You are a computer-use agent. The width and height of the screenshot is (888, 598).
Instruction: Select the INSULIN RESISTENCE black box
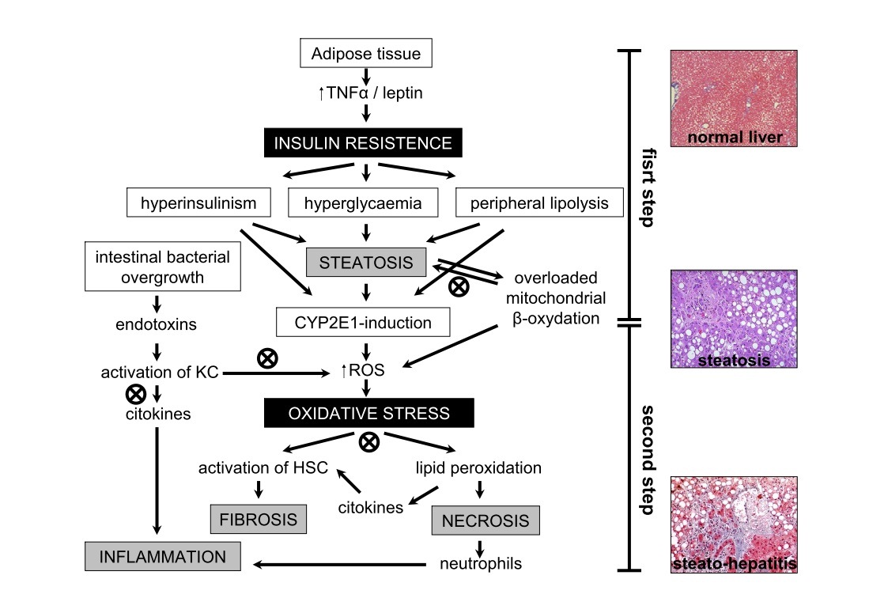362,143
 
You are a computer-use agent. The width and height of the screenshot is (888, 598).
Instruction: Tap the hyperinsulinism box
198,203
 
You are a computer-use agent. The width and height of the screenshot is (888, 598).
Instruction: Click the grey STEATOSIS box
365,263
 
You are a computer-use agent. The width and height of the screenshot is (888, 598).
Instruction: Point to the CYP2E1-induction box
364,322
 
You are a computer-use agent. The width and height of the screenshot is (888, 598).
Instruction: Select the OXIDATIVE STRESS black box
369,413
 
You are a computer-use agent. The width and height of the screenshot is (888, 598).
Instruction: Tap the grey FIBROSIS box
258,519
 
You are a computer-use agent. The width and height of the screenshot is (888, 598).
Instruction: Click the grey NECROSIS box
486,521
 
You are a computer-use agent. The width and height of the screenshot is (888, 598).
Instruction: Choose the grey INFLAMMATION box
163,556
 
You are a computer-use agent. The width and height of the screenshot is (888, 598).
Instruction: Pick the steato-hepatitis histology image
734,524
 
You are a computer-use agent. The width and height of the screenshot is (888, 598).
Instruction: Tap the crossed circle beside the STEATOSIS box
457,286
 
